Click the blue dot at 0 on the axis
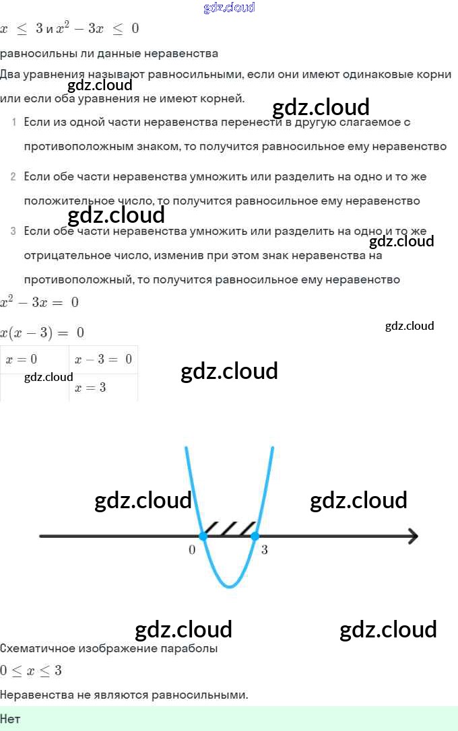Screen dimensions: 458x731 click(203, 536)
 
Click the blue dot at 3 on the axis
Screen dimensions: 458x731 click(255, 536)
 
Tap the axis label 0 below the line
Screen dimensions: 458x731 click(192, 550)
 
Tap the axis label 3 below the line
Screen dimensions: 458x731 click(264, 550)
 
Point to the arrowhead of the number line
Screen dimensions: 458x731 click(412, 536)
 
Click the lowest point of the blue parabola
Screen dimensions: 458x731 click(230, 586)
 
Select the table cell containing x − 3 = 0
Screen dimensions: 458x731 click(103, 360)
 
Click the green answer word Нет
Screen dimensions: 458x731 click(10, 719)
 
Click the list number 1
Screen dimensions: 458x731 click(13, 123)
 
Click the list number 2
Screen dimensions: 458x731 click(13, 177)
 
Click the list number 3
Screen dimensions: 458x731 click(13, 232)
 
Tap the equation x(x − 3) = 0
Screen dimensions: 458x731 click(42, 333)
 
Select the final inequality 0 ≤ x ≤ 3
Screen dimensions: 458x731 click(31, 671)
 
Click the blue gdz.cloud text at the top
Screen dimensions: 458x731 click(229, 8)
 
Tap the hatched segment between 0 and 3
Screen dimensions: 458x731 click(229, 528)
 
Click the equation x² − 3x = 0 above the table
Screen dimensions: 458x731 click(39, 302)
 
